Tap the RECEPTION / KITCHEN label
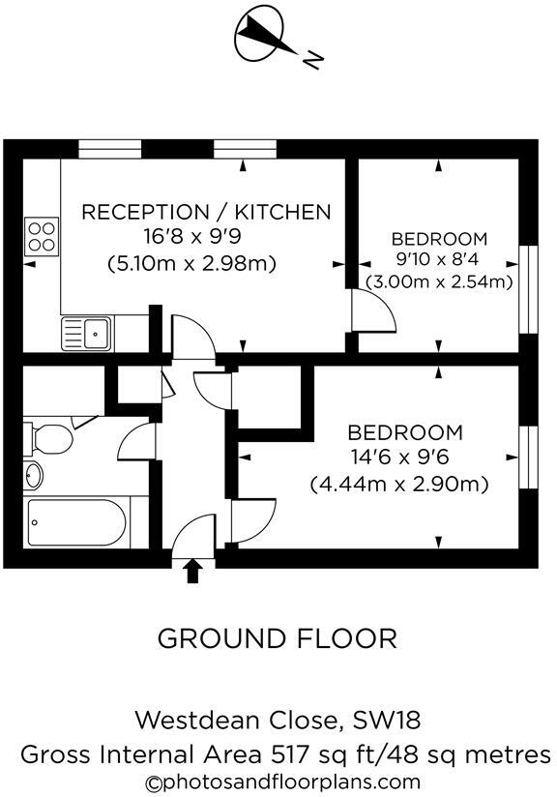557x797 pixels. coord(206,212)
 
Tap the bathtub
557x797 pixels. coord(76,523)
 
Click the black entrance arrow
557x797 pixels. coord(192,571)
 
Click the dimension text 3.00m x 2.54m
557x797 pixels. coord(438,282)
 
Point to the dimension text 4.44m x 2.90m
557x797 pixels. coord(398,483)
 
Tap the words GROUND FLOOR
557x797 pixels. coord(277,638)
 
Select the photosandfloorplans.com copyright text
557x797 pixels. coord(282,782)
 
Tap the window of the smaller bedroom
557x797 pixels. coord(529,288)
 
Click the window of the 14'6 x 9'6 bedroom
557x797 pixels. coord(528,456)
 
